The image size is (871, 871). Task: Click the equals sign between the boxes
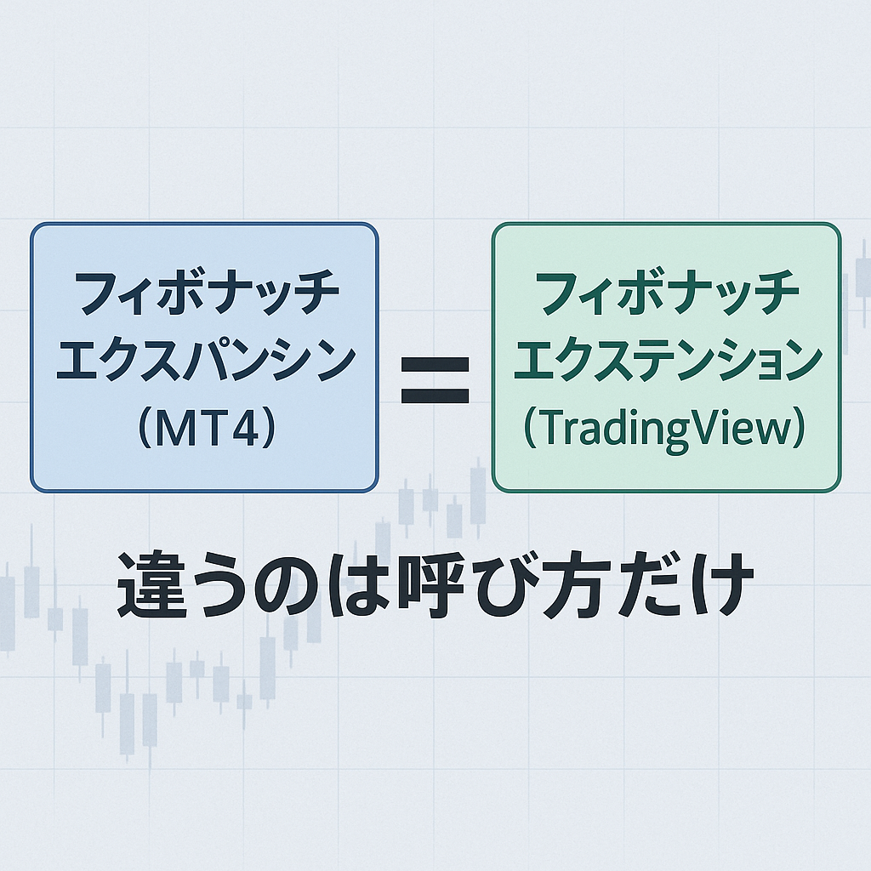click(435, 380)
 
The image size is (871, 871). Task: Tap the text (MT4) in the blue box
click(205, 428)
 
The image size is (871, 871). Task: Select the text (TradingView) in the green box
click(666, 429)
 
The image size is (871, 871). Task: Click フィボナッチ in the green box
click(667, 293)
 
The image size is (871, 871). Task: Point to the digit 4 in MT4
click(246, 428)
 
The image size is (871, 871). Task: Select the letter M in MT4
click(174, 428)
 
